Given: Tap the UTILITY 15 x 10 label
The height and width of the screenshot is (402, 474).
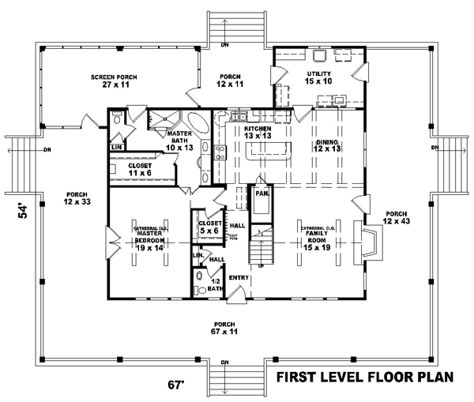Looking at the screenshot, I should tap(319, 77).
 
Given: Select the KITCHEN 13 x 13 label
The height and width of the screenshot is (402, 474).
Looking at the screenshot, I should tap(258, 132).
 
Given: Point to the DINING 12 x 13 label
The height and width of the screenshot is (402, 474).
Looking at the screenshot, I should tap(325, 145).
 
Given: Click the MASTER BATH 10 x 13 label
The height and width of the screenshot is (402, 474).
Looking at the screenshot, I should tap(180, 139).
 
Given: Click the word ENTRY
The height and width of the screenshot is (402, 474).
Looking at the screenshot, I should tap(239, 278).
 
